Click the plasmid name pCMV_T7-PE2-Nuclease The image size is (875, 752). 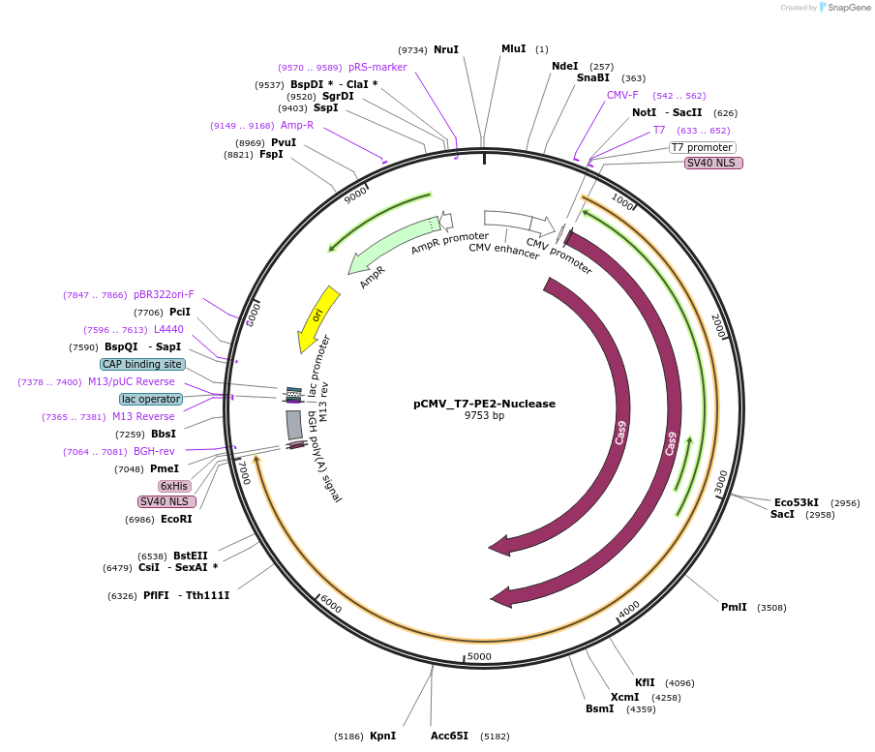tap(484, 404)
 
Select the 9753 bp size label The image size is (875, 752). tap(484, 416)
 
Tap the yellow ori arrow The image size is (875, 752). tap(317, 318)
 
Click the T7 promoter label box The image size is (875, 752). tap(702, 147)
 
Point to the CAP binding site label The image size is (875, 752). tap(141, 364)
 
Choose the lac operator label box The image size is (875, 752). tap(151, 399)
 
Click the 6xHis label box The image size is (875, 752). tap(175, 486)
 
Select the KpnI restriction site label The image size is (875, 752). tap(382, 736)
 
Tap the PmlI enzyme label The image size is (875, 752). tap(734, 607)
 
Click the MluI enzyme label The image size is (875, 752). tap(513, 48)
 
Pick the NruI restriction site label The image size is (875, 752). tap(446, 49)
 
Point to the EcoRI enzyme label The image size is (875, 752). tap(176, 519)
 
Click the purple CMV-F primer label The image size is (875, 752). tap(622, 95)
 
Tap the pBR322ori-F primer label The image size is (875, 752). tap(164, 294)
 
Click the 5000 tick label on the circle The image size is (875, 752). tap(480, 657)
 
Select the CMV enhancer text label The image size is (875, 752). tap(503, 249)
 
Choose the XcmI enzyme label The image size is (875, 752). tap(624, 697)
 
